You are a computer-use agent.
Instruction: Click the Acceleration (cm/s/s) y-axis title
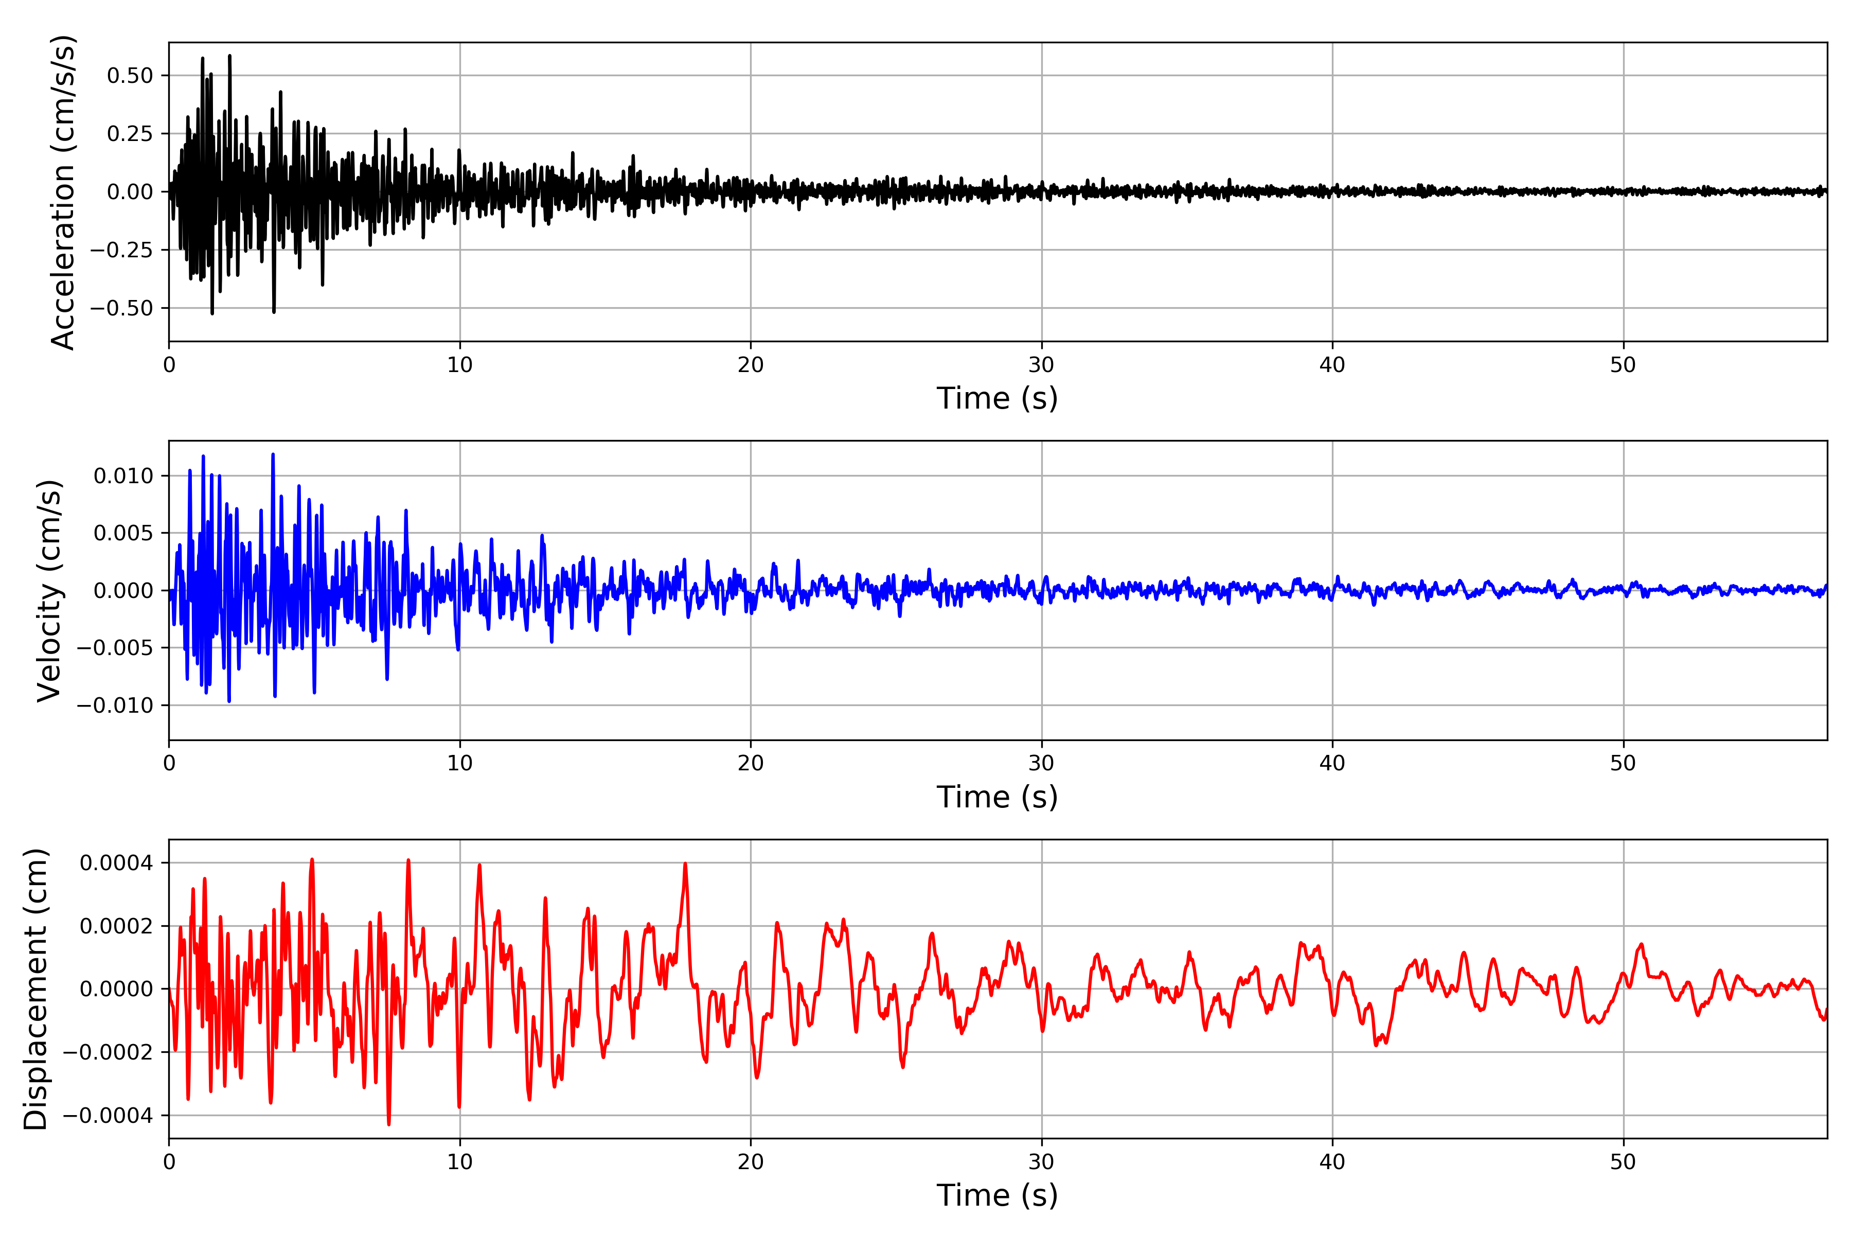pos(63,191)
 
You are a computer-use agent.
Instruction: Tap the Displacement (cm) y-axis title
pos(36,989)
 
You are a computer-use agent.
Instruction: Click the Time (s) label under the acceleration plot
pos(997,398)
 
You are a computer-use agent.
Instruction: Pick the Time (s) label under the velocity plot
pos(997,797)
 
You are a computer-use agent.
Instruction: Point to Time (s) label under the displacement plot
pos(997,1195)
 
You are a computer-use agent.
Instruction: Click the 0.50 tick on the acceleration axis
pos(130,76)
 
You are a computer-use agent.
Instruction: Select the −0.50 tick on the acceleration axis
pos(121,308)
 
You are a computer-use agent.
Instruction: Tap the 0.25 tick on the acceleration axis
pos(130,134)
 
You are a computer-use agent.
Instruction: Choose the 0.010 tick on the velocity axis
pos(123,475)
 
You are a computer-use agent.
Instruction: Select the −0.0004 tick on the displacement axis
pos(108,1116)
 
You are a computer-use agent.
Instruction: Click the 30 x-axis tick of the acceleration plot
pos(1041,365)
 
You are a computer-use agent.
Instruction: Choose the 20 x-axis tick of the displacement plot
pos(751,1162)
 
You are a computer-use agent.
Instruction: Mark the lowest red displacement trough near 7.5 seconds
pos(388,1123)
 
